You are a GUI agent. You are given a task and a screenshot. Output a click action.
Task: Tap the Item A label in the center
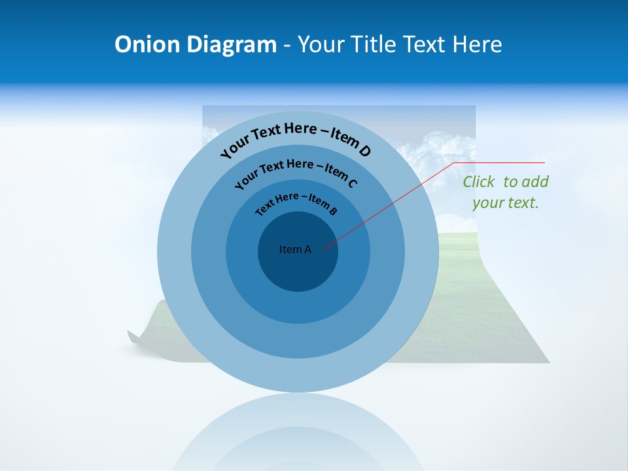coord(295,249)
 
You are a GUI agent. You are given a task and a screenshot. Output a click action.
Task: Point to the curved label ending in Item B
coord(296,202)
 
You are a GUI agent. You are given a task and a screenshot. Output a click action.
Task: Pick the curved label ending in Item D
coord(296,137)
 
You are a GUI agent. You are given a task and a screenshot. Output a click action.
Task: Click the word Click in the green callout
coord(478,182)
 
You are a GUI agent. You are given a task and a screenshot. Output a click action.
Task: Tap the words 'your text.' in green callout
coord(506,203)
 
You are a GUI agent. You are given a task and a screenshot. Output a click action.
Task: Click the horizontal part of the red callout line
coord(500,162)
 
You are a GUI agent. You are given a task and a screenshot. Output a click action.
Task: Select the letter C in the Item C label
coord(352,183)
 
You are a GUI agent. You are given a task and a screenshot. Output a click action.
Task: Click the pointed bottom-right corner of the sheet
coord(548,362)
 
